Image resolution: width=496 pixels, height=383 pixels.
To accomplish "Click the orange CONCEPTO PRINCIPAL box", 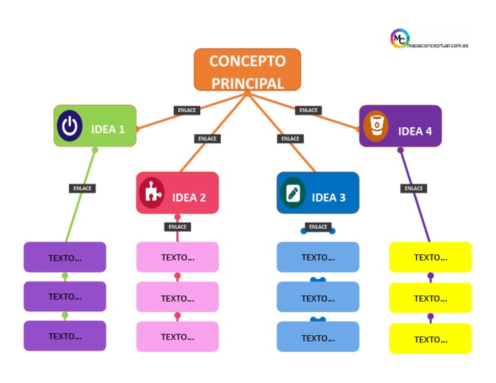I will (247, 70).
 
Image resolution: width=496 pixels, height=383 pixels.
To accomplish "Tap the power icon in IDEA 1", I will (69, 127).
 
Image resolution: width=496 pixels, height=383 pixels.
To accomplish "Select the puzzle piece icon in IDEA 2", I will (152, 192).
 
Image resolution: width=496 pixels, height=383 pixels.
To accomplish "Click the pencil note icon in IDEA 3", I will (293, 192).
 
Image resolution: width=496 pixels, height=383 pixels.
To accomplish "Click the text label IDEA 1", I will (108, 129).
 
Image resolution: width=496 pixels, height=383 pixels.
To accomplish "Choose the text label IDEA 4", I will (415, 131).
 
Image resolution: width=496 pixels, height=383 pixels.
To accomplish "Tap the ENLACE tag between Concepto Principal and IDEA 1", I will (187, 110).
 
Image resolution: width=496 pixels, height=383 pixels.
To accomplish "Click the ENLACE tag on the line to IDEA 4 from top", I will (309, 110).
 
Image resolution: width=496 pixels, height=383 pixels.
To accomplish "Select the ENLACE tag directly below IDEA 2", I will (177, 227).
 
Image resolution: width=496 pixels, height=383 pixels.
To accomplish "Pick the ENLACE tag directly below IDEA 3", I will (318, 227).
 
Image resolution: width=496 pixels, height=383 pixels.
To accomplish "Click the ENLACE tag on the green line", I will (83, 189).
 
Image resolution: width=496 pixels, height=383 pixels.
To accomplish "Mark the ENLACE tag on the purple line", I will (413, 189).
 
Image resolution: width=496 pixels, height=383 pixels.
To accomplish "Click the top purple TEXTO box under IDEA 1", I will (65, 257).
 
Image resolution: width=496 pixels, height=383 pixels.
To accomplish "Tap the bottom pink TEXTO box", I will (177, 336).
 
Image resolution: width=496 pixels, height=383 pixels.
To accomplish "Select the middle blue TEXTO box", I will (318, 298).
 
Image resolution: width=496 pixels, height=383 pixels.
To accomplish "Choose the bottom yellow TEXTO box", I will (430, 339).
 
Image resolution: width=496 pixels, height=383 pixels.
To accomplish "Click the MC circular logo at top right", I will (400, 39).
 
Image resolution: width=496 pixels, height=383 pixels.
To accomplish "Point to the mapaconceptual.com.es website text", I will (439, 46).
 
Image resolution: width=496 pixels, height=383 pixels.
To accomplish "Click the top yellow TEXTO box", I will (430, 257).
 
